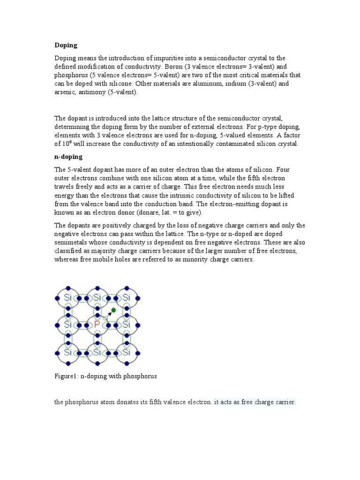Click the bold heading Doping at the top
[66, 45]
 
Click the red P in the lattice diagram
[97, 324]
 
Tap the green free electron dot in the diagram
[113, 310]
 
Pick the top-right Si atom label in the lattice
[127, 297]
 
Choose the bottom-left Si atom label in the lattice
[68, 351]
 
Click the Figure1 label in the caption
[66, 376]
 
